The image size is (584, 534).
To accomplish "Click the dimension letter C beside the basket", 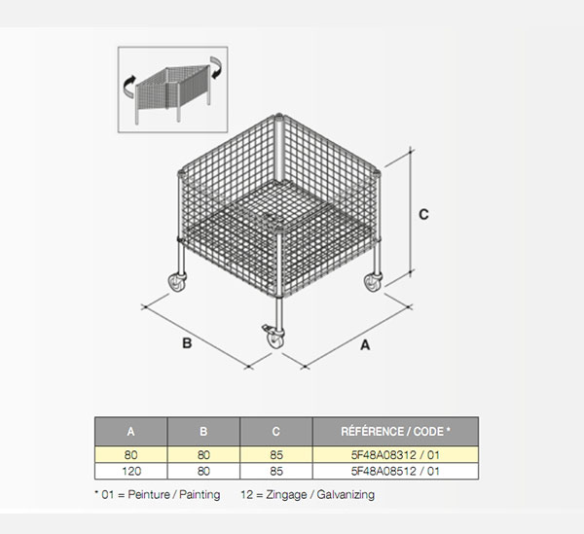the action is (x=423, y=215).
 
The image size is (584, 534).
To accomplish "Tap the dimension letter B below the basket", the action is (x=187, y=342).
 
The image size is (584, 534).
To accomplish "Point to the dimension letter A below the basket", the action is (x=365, y=345).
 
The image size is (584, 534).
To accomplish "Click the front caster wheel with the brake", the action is (x=274, y=336).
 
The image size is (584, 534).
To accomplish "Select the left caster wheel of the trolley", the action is (x=177, y=282).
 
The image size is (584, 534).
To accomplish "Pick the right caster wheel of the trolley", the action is (x=373, y=282).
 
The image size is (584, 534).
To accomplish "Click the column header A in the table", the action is (x=130, y=431).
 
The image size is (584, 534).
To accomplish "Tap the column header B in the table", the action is (x=203, y=431).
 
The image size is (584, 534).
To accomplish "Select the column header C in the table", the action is (x=276, y=431).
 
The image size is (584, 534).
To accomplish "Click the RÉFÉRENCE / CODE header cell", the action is (x=395, y=431).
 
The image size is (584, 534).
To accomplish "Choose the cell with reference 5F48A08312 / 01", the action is (x=395, y=455).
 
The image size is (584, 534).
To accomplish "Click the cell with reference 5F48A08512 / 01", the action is (x=395, y=471).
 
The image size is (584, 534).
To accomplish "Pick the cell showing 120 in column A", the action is (x=130, y=471).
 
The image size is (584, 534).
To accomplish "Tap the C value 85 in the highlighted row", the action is (x=276, y=455).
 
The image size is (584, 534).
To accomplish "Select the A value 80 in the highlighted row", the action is (x=130, y=455).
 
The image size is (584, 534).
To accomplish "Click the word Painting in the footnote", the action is (x=200, y=495).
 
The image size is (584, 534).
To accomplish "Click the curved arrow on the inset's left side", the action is (x=128, y=87).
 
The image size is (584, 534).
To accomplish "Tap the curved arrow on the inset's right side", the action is (x=216, y=67).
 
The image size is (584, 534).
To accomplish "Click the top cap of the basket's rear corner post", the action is (x=279, y=116).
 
